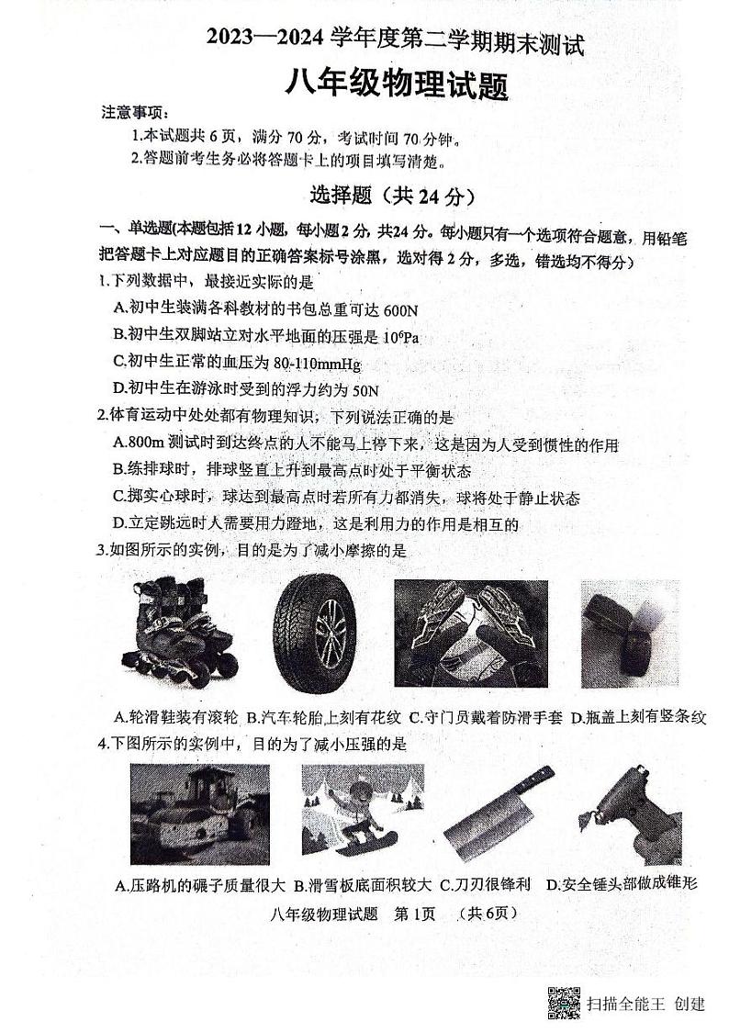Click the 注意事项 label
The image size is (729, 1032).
tap(134, 113)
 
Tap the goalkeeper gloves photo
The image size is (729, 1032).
tap(470, 634)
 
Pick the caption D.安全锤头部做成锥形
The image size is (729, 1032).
tap(622, 884)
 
